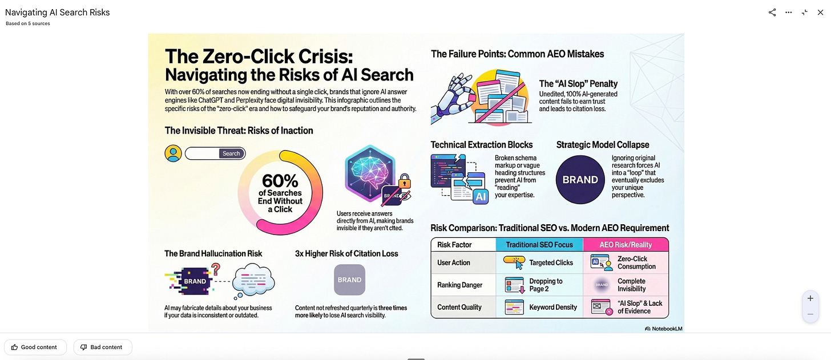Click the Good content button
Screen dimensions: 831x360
[35, 347]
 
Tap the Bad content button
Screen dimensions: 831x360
[102, 347]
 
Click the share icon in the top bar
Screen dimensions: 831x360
[772, 13]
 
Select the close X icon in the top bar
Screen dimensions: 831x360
[820, 13]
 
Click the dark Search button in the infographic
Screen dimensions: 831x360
[231, 153]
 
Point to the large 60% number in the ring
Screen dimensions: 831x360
[280, 181]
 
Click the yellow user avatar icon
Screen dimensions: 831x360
[173, 153]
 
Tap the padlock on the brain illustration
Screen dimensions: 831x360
[404, 181]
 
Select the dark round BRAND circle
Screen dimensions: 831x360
[580, 180]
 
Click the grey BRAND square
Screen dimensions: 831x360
[349, 280]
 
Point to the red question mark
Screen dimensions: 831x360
[215, 269]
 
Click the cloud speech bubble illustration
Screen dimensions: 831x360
[254, 281]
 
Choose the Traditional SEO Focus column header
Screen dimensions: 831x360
[539, 245]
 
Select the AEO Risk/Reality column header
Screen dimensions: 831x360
[626, 245]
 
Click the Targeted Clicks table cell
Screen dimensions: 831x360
[539, 262]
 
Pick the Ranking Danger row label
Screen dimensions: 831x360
[459, 285]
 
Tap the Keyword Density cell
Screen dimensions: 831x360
[539, 307]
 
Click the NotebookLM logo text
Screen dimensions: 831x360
[663, 329]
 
